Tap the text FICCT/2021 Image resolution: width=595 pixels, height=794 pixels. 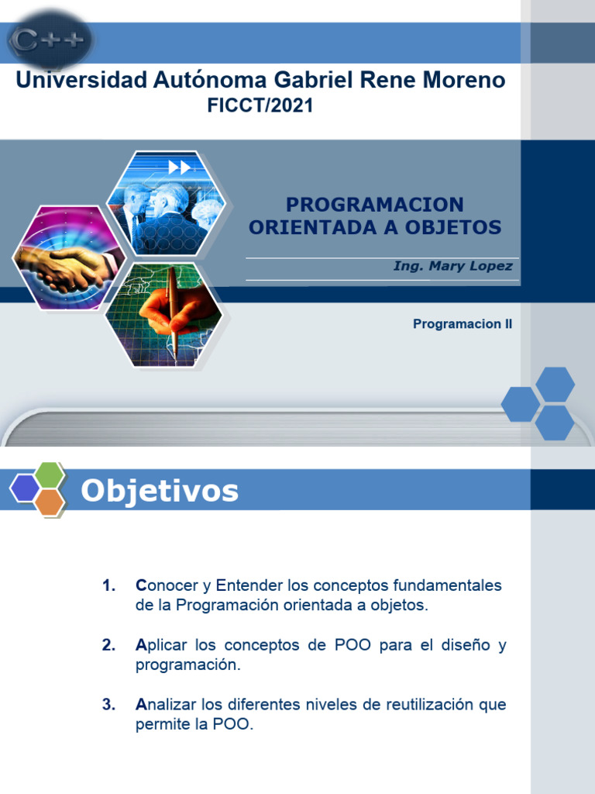pos(260,106)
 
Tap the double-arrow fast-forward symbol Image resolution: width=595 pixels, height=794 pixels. pos(179,167)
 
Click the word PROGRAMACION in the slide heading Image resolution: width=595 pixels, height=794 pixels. pos(375,205)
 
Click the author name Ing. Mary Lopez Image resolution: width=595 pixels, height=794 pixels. pos(452,266)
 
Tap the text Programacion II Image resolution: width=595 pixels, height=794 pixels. pos(463,324)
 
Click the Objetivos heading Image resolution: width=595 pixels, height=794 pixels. pos(160,490)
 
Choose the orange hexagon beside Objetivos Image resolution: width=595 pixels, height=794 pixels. pos(50,502)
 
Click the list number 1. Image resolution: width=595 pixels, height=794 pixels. pos(108,585)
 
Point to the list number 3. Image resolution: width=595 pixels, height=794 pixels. pos(108,705)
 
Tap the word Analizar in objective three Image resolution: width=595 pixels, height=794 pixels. pos(166,705)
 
